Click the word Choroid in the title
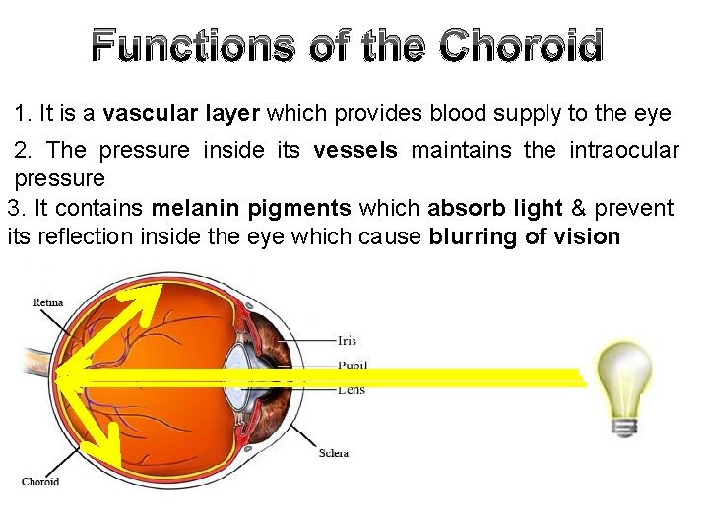coord(521,46)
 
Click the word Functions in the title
coord(193,46)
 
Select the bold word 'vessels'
coord(355,151)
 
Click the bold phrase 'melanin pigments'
coord(251,209)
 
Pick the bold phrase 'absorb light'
coord(495,209)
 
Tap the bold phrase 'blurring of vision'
coord(525,237)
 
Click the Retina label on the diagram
coord(48,303)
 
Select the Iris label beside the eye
coord(347,341)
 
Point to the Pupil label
coord(353,366)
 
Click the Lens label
coord(351,390)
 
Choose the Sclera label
coord(333,453)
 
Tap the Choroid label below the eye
coord(40,481)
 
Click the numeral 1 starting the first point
coord(21,113)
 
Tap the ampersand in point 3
coord(579,209)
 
